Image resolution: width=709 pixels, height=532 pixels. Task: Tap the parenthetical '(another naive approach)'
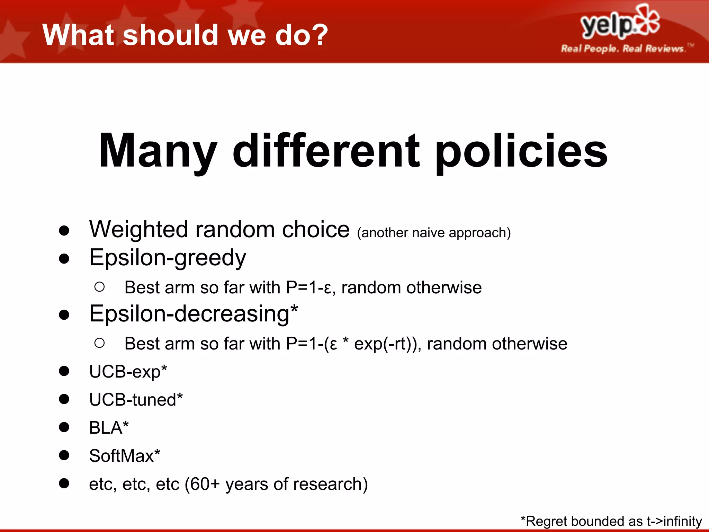tap(434, 233)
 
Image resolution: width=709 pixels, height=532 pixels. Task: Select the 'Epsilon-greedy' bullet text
tap(168, 258)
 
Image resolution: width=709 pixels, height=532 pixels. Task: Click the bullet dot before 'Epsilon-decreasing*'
tap(64, 314)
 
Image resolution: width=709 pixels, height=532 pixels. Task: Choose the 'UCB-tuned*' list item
tap(136, 400)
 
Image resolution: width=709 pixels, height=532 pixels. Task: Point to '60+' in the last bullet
tap(205, 484)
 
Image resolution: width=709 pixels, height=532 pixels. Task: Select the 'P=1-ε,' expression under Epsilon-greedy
tap(311, 287)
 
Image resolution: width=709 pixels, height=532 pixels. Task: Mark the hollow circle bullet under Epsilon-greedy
tap(99, 287)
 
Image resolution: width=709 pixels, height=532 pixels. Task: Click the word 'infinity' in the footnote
tap(683, 521)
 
